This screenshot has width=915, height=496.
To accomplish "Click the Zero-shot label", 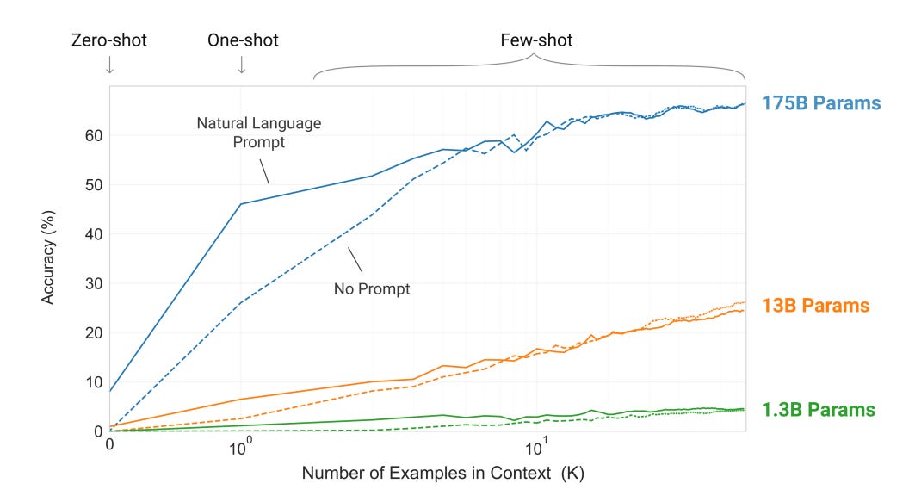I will pyautogui.click(x=108, y=40).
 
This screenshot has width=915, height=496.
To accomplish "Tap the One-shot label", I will pyautogui.click(x=243, y=40).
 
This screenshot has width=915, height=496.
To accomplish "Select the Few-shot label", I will pyautogui.click(x=536, y=40).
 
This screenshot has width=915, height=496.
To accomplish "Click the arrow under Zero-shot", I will pyautogui.click(x=109, y=65).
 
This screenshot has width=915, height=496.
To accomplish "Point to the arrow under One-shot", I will pyautogui.click(x=242, y=65).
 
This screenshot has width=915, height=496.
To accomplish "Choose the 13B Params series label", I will pyautogui.click(x=815, y=306).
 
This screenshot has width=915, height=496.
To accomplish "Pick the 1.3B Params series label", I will pyautogui.click(x=818, y=410).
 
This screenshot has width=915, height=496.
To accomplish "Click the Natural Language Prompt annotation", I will pyautogui.click(x=259, y=133).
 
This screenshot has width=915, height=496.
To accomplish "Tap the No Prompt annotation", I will pyautogui.click(x=372, y=289).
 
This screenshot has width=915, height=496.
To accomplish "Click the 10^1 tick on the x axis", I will pyautogui.click(x=536, y=448).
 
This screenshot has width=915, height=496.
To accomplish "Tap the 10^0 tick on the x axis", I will pyautogui.click(x=241, y=448).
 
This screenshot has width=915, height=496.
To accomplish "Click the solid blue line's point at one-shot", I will pyautogui.click(x=241, y=204).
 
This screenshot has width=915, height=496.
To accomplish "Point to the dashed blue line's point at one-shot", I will pyautogui.click(x=241, y=302).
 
